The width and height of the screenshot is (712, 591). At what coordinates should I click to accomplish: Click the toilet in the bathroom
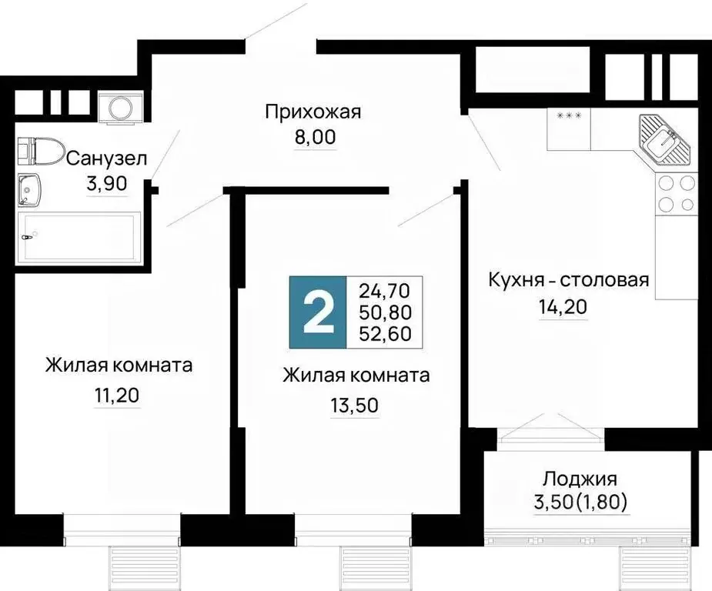click(x=39, y=152)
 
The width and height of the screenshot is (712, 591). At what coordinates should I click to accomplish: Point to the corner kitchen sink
click(x=664, y=143)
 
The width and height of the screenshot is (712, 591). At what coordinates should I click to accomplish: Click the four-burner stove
click(x=676, y=194)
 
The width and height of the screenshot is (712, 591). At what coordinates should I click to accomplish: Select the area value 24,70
click(x=385, y=291)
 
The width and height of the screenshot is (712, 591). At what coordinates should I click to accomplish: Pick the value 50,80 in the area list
click(x=385, y=312)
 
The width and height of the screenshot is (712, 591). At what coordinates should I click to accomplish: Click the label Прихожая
click(x=313, y=112)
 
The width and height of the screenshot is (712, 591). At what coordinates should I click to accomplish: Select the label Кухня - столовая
click(x=569, y=279)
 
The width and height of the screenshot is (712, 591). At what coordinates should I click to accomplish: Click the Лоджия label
click(x=580, y=480)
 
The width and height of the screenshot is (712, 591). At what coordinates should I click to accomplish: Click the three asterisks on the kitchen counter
click(x=569, y=116)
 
